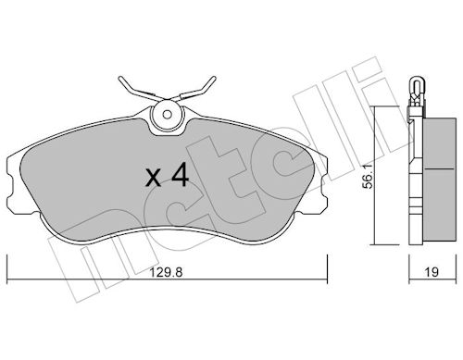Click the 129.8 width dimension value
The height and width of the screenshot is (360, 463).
166,272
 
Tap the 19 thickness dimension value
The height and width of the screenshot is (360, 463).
432,272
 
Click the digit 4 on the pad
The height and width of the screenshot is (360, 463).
180,175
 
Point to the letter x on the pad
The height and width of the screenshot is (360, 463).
154,179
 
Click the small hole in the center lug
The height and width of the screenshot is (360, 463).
168,115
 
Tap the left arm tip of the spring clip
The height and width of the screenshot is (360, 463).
120,79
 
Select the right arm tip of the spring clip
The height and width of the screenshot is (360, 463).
214,79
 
